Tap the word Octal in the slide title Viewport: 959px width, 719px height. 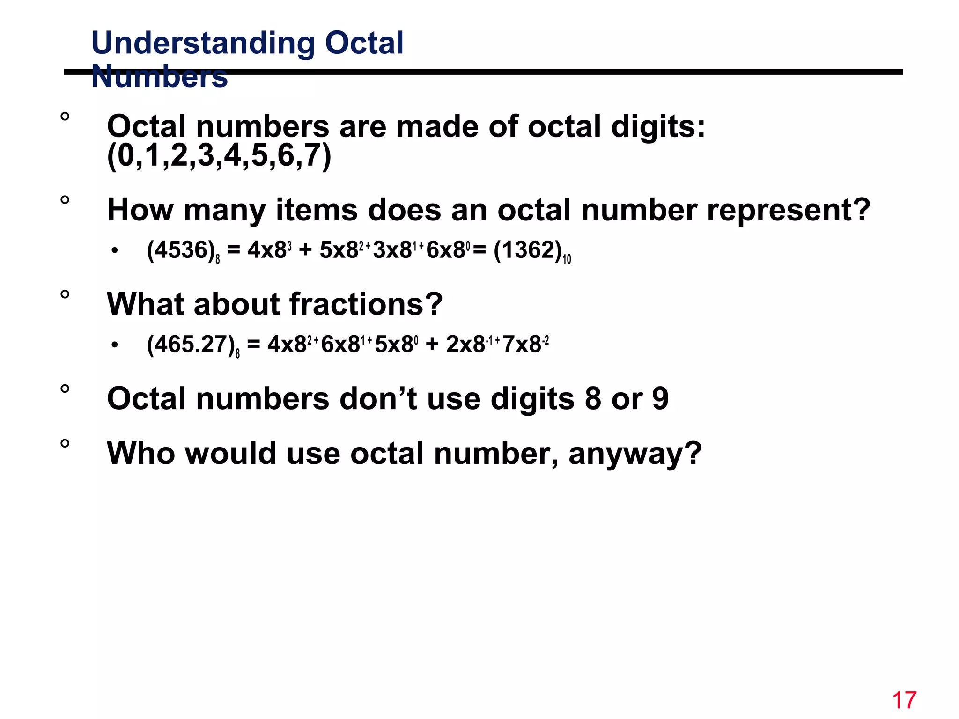[x=364, y=43]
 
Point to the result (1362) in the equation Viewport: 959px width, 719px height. [x=528, y=250]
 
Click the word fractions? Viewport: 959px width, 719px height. [x=366, y=304]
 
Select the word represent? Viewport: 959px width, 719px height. [x=789, y=210]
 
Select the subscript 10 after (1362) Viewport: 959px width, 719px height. [x=567, y=259]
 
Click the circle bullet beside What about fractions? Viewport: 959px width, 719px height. [x=65, y=294]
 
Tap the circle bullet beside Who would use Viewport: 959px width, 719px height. [x=65, y=443]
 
